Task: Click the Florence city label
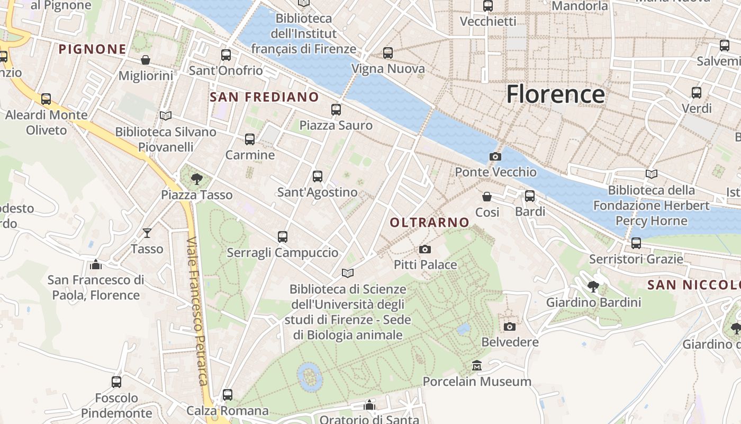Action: pos(555,94)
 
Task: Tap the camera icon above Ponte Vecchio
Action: pos(495,156)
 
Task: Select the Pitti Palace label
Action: pos(425,264)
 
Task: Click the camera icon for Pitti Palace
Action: pos(424,250)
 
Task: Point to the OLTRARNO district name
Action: pos(430,223)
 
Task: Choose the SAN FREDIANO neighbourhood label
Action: pos(264,97)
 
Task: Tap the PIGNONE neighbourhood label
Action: pos(93,49)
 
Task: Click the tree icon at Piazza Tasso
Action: pos(196,179)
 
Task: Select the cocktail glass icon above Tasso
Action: pos(147,233)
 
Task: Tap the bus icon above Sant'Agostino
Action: pos(318,176)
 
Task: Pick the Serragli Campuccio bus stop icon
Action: pos(283,237)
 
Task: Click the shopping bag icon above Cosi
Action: pos(487,197)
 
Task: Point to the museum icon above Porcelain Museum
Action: pos(477,366)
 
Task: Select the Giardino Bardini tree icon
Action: pos(593,287)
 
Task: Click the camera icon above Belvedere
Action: pos(510,326)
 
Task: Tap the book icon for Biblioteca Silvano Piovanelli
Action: pos(166,116)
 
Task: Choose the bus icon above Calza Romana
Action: pos(228,395)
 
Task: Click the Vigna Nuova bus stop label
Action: pos(388,69)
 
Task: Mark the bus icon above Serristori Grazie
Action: pos(636,243)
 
